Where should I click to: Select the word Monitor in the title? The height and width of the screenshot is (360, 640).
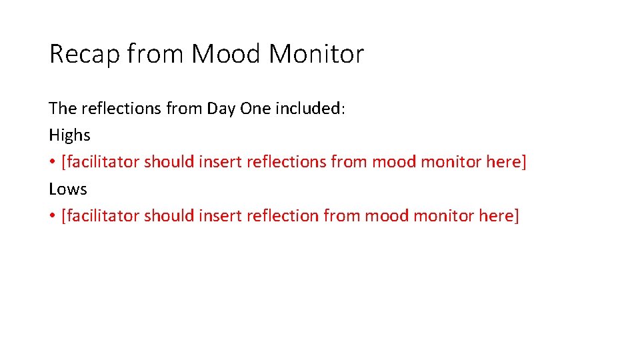click(x=316, y=54)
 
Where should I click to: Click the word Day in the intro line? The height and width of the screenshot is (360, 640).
click(x=221, y=108)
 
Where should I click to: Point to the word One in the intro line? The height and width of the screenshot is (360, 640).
click(x=254, y=108)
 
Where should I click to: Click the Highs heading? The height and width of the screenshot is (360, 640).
click(x=69, y=135)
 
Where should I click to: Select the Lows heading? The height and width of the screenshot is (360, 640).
click(x=68, y=189)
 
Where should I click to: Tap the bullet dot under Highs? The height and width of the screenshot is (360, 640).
click(x=52, y=163)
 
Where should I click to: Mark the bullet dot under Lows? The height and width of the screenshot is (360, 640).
click(x=52, y=217)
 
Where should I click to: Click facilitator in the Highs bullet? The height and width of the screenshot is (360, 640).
click(x=101, y=162)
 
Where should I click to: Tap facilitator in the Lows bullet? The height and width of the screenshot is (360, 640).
click(x=101, y=216)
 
